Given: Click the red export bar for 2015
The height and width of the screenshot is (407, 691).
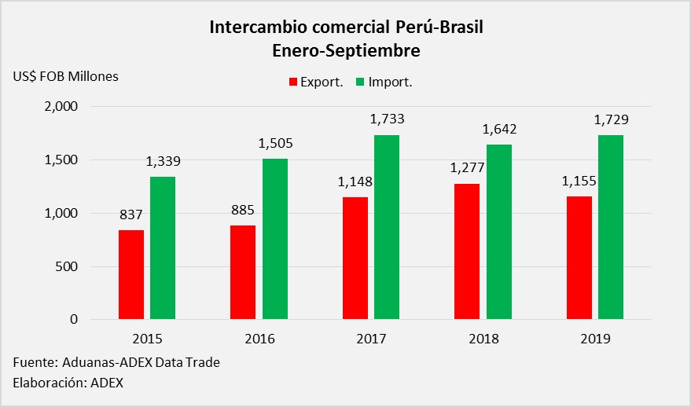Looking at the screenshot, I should tap(131, 274).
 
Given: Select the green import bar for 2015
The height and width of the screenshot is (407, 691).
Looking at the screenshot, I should tap(163, 247).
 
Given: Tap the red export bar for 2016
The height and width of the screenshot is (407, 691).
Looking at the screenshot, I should tap(243, 272).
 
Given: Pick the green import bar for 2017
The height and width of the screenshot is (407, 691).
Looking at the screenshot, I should tap(386, 227).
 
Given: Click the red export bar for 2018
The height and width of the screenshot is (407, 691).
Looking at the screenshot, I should tap(467, 251).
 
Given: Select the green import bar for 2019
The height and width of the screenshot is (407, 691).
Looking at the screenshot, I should tap(611, 227).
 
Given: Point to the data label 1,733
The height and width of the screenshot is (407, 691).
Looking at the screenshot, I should tap(386, 119).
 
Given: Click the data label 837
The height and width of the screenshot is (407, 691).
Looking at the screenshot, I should tap(130, 214).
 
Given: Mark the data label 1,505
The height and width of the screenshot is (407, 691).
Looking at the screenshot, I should tap(276, 144).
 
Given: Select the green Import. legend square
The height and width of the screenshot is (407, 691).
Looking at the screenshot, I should tap(361, 82).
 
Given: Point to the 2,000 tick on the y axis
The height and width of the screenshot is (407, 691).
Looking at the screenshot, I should tap(61, 107).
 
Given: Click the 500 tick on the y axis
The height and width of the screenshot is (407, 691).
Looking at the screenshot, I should tap(67, 266).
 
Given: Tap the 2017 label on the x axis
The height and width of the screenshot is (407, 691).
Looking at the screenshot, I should tap(371, 339).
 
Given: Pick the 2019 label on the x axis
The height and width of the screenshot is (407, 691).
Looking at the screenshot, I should tap(595, 339).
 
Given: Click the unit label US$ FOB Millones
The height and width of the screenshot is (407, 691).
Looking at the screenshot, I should tap(65, 76).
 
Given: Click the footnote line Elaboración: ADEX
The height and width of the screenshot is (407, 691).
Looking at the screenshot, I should tap(68, 383).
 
